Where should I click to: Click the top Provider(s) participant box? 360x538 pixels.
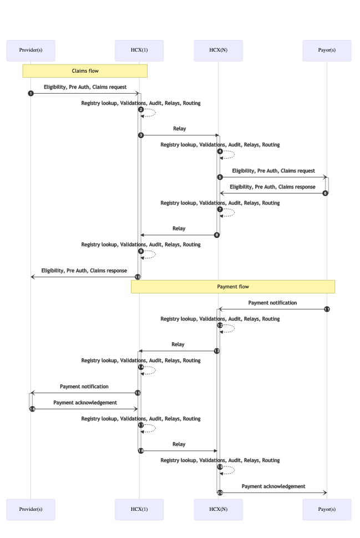(x=31, y=50)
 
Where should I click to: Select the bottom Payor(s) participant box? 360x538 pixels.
(x=327, y=509)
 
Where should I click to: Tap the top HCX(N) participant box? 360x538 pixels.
(x=218, y=50)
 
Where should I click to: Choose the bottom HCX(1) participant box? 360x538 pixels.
(x=139, y=509)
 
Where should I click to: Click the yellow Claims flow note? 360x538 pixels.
(x=85, y=71)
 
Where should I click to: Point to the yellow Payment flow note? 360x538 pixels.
(x=233, y=287)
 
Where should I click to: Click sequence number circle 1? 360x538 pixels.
(x=31, y=93)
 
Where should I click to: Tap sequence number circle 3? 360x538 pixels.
(x=141, y=135)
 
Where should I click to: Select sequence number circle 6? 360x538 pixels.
(x=326, y=193)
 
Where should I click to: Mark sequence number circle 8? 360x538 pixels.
(x=217, y=235)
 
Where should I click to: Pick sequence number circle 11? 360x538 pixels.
(x=327, y=309)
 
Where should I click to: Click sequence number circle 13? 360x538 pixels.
(x=217, y=351)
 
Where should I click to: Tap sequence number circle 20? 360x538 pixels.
(x=220, y=493)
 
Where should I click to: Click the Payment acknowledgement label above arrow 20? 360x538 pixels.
(x=273, y=486)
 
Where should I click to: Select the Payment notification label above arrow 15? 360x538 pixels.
(x=84, y=387)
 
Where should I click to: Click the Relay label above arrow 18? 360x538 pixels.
(x=179, y=444)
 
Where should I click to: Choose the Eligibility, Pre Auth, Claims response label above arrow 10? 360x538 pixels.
(x=84, y=271)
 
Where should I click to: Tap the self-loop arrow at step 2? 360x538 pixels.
(x=151, y=113)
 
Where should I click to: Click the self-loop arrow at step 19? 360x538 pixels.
(x=230, y=470)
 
